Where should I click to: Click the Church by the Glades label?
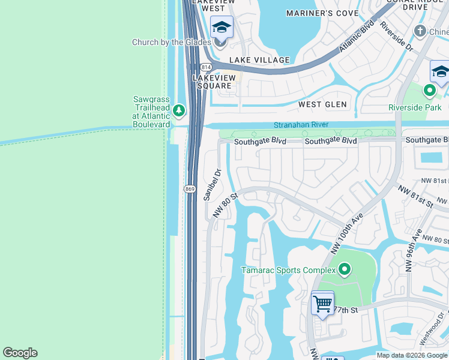click(172, 42)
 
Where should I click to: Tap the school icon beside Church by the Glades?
click(221, 28)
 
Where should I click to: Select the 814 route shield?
click(206, 67)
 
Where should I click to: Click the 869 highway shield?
click(190, 189)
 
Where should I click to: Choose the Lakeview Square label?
click(212, 82)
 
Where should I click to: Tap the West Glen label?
click(323, 104)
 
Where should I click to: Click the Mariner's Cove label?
click(322, 13)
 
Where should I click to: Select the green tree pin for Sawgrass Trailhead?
click(179, 110)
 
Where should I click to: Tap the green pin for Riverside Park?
click(429, 91)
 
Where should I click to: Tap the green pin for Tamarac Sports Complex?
click(344, 270)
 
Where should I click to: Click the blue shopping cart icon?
click(322, 304)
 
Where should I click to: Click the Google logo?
click(20, 353)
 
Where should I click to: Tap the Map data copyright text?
click(412, 355)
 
